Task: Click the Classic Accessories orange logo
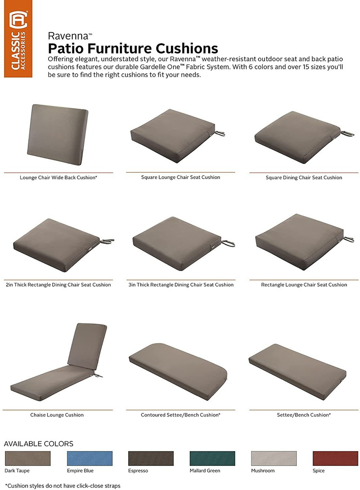(18, 39)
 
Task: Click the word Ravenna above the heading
(68, 36)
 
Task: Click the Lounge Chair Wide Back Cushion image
(58, 134)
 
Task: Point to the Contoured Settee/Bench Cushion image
(178, 372)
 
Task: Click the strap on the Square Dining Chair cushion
(347, 134)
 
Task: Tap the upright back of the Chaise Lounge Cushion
(87, 346)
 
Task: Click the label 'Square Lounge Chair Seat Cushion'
(180, 177)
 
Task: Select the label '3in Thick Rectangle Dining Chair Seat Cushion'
(181, 285)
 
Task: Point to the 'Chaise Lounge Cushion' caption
(57, 415)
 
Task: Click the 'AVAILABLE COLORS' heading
(39, 443)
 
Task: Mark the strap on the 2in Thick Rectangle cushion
(107, 241)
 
